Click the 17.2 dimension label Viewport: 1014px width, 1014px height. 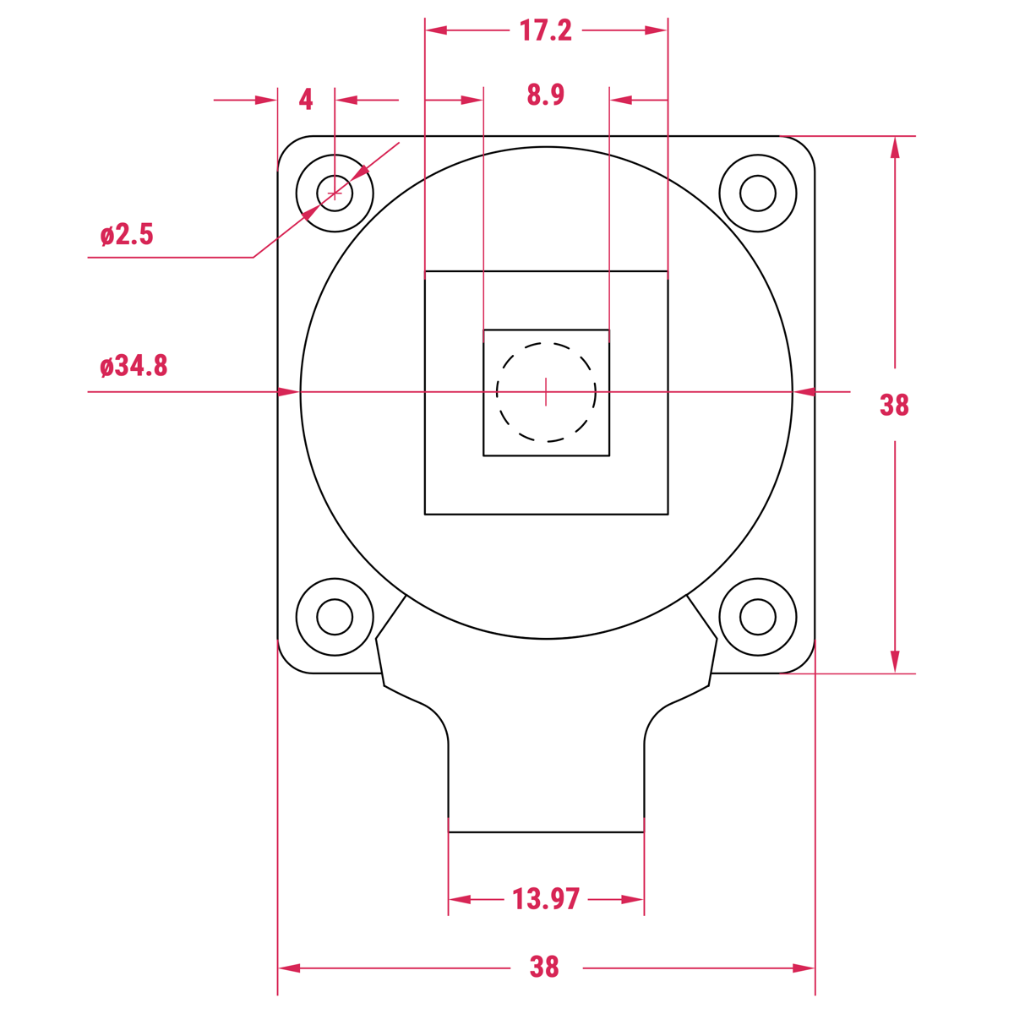[x=545, y=31]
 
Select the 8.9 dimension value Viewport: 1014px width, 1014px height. [x=545, y=95]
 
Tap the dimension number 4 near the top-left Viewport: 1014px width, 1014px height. [x=306, y=100]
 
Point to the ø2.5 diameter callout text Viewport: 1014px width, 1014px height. [x=127, y=235]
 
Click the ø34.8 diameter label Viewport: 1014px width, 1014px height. [x=134, y=366]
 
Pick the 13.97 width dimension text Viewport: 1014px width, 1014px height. [x=546, y=899]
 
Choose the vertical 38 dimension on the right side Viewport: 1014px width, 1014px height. [x=894, y=406]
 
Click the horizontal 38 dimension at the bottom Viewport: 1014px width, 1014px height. [x=545, y=967]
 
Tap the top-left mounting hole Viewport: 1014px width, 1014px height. [x=335, y=194]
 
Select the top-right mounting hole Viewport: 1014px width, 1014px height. [x=758, y=194]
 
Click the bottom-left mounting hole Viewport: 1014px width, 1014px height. [x=335, y=617]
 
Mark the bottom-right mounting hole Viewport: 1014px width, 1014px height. [x=758, y=617]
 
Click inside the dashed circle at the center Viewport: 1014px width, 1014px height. [x=546, y=392]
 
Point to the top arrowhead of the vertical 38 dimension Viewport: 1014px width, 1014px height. [x=895, y=147]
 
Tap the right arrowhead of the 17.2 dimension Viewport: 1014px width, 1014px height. [x=657, y=30]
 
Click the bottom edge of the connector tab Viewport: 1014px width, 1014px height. [x=546, y=832]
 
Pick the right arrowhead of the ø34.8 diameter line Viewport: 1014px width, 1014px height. [x=804, y=392]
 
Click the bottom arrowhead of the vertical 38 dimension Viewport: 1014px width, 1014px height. [x=895, y=662]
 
